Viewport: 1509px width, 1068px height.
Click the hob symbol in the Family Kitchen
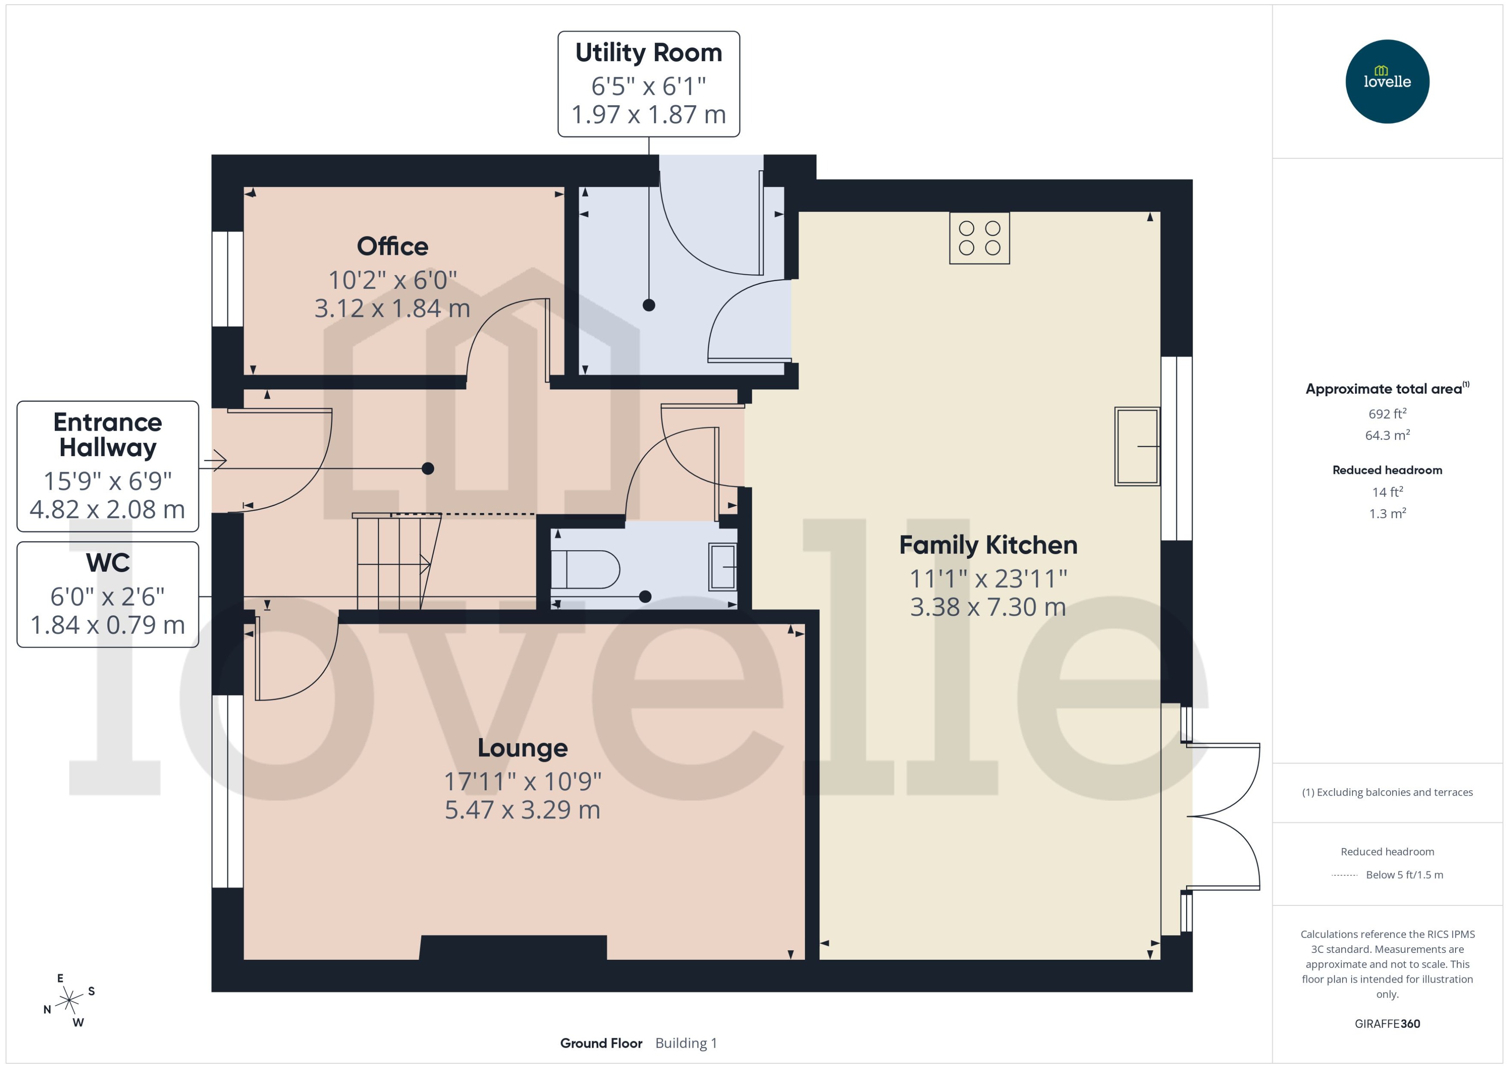(x=979, y=238)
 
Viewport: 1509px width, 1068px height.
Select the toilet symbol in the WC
(x=585, y=569)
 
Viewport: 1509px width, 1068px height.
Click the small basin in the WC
(x=722, y=567)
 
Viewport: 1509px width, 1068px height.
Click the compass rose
(x=69, y=1001)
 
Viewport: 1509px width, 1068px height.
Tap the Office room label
(x=392, y=247)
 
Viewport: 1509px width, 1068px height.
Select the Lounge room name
(x=522, y=748)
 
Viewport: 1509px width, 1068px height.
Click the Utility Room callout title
(x=648, y=53)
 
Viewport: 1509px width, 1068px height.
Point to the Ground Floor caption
(x=601, y=1043)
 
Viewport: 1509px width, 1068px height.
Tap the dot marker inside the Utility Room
(x=648, y=305)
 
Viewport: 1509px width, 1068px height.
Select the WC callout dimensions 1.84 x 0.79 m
(x=108, y=625)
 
